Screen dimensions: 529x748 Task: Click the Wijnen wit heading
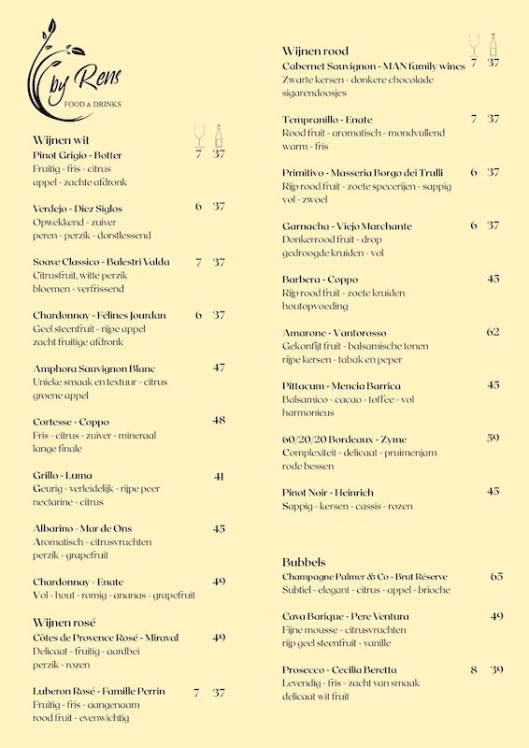(63, 140)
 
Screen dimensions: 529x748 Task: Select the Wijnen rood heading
(315, 50)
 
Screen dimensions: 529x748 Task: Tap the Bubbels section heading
(304, 562)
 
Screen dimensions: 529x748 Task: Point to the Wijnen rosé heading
(64, 622)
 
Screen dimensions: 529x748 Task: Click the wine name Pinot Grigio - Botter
(78, 155)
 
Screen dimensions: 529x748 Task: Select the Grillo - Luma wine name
(63, 475)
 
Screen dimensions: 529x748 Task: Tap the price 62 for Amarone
(493, 332)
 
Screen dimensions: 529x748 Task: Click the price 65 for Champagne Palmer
(496, 576)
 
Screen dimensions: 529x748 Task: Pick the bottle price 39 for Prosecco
(496, 669)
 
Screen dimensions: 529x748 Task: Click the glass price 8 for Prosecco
(474, 669)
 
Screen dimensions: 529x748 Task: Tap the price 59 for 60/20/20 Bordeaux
(493, 438)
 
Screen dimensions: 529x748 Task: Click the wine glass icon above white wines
(198, 136)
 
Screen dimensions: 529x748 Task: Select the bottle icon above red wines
(493, 44)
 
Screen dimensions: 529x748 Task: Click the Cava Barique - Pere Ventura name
(346, 616)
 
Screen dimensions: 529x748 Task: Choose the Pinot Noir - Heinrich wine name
(327, 492)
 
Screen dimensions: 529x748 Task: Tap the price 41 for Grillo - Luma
(219, 476)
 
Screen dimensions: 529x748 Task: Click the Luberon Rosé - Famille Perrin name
(99, 691)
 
